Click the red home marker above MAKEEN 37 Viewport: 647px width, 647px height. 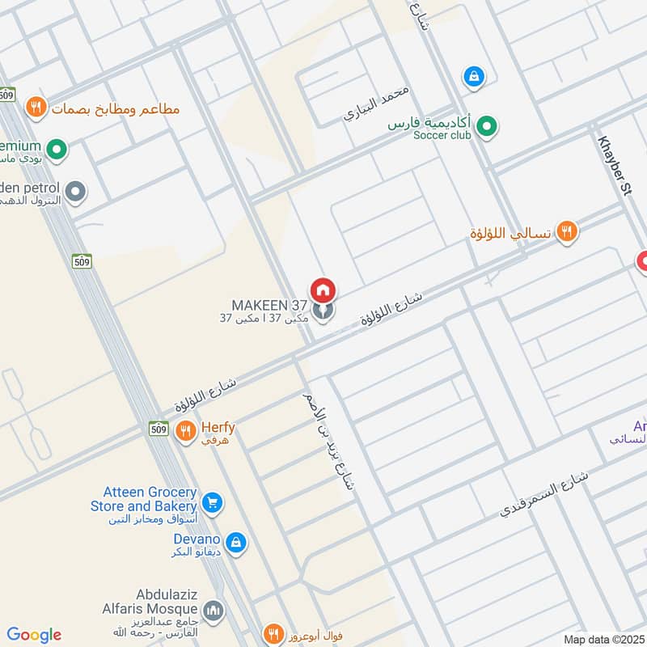(x=323, y=290)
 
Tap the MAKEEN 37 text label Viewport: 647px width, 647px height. (x=269, y=305)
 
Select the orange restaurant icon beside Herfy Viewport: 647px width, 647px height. (x=186, y=430)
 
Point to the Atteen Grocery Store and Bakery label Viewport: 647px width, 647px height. (x=150, y=498)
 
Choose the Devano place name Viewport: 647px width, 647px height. (x=197, y=539)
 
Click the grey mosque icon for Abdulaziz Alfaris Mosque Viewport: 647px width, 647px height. (x=214, y=608)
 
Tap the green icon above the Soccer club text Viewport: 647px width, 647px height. (x=486, y=125)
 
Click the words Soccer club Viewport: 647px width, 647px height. (x=442, y=135)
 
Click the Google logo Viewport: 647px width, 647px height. (x=33, y=635)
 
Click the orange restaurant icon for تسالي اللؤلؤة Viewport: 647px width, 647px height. (x=568, y=232)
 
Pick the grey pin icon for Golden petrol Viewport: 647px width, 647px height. (x=76, y=192)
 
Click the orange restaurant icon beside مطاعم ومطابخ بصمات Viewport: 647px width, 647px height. (x=35, y=106)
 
